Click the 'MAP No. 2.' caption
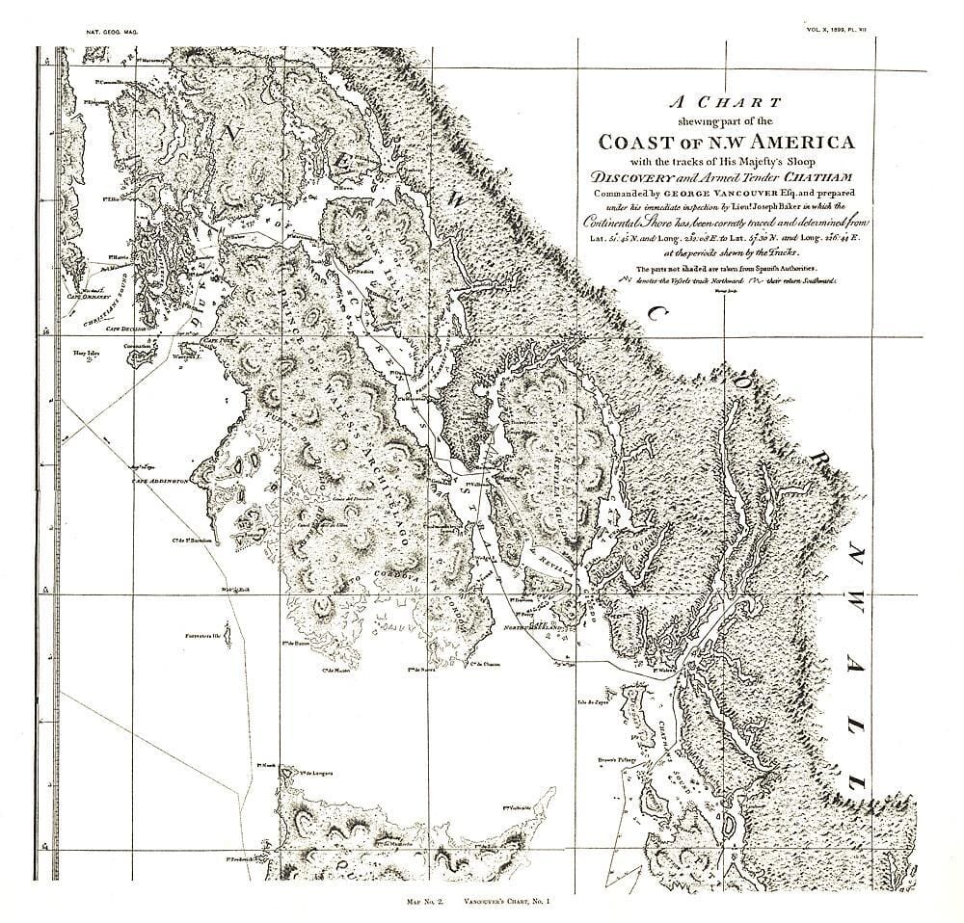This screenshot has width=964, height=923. [x=425, y=900]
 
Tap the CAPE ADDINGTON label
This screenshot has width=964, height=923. [x=160, y=478]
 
